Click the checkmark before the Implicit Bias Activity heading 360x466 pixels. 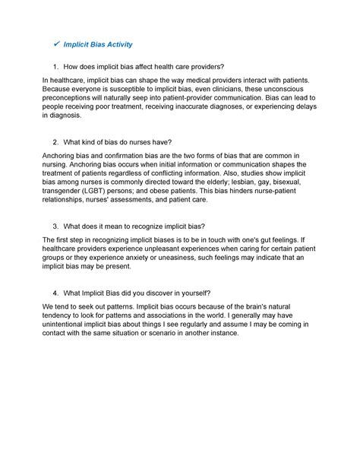53,45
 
